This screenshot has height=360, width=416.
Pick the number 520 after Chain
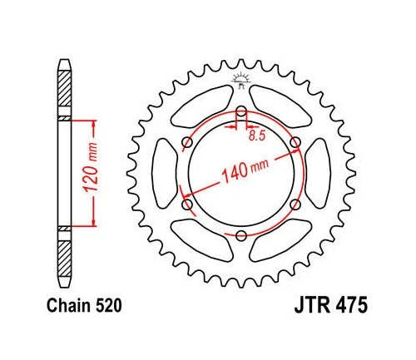pyautogui.click(x=110, y=306)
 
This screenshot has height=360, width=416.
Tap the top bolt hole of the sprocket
pyautogui.click(x=241, y=112)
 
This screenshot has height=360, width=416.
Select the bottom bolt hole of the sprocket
pyautogui.click(x=241, y=236)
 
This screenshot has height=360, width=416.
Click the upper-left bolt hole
pyautogui.click(x=187, y=143)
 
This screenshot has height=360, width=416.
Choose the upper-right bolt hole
pyautogui.click(x=295, y=143)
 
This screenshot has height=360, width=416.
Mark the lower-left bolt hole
pyautogui.click(x=187, y=205)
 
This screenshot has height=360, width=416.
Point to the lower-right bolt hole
pyautogui.click(x=295, y=205)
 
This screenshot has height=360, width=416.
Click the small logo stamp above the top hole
pyautogui.click(x=241, y=81)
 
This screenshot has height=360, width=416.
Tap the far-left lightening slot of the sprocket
pyautogui.click(x=166, y=174)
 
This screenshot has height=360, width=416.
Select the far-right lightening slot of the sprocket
pyautogui.click(x=316, y=174)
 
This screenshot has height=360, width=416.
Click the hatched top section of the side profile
pyautogui.click(x=65, y=91)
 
